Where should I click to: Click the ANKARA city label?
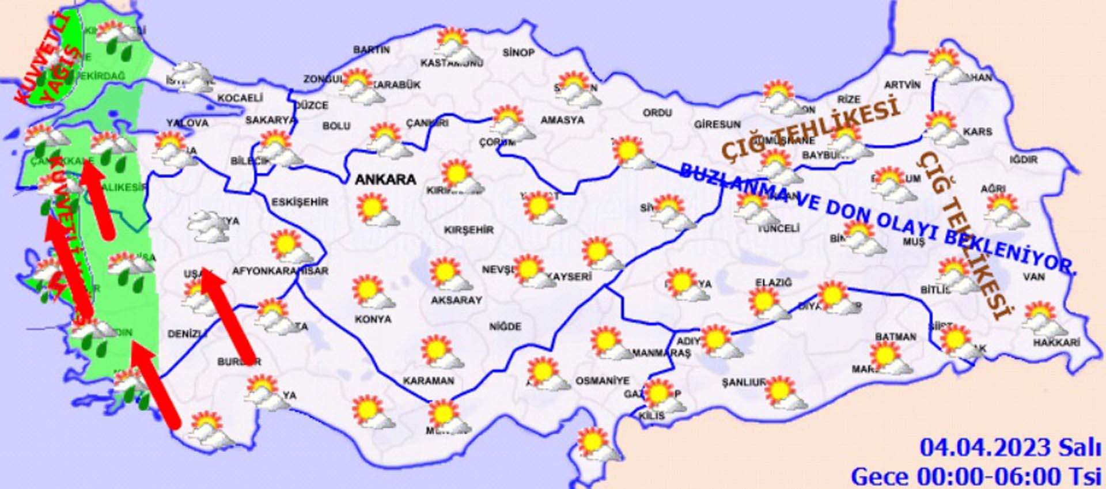(385, 180)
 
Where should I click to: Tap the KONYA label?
(373, 319)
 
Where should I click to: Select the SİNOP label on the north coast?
(518, 53)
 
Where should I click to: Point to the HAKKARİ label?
(1056, 343)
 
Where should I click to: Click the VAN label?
(1034, 277)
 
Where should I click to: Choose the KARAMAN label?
(428, 381)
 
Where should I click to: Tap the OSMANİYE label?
(602, 381)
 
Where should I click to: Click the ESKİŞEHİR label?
(300, 202)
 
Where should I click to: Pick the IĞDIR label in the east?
(1024, 160)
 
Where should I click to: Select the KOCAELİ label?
(240, 98)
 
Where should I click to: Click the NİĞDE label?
(505, 327)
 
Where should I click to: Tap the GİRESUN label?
(717, 124)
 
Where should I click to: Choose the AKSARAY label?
(456, 300)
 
